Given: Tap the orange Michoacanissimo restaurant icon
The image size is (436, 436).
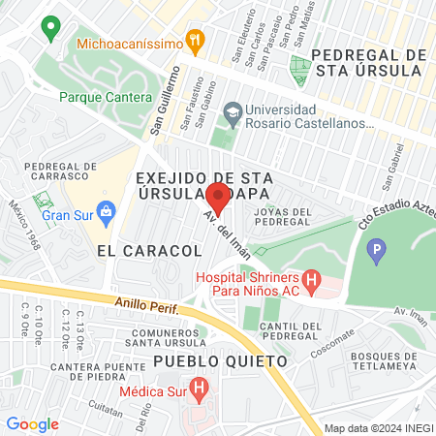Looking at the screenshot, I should click(196, 41).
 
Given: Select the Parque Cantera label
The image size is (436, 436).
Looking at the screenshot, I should click(106, 98).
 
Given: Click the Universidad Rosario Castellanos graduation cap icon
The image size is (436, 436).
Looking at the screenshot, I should click(232, 113).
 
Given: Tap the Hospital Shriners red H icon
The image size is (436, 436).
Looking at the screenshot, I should click(311, 283).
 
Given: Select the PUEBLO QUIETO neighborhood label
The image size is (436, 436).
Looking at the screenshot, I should click(221, 361).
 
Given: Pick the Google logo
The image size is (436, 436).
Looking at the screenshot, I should click(32, 424).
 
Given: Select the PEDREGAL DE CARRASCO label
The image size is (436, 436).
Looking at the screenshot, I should click(62, 171).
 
